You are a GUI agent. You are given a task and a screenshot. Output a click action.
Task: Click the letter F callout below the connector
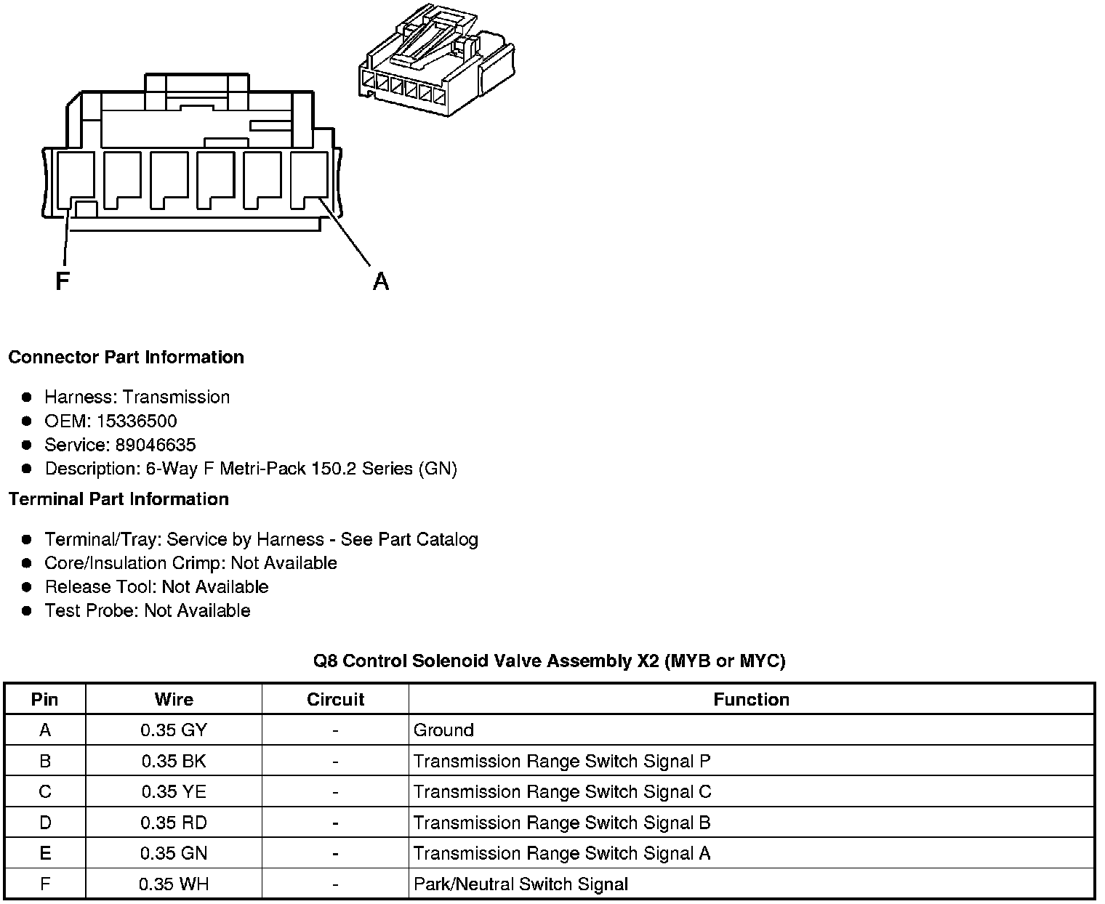coord(63,281)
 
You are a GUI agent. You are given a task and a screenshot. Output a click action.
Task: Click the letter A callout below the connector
coord(380,281)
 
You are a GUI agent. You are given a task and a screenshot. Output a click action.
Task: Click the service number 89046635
coord(156,445)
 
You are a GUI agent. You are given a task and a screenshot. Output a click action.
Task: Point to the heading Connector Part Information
coord(126,358)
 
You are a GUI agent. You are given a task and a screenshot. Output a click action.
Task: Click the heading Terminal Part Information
coord(118,499)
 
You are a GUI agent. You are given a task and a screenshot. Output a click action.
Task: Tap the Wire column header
coord(174,700)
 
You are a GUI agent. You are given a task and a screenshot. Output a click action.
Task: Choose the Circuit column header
coord(335,700)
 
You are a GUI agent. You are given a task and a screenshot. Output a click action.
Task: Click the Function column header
coord(751,700)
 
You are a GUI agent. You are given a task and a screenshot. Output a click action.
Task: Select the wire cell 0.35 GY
coord(174,730)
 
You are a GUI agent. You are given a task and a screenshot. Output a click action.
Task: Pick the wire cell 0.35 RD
coord(174,823)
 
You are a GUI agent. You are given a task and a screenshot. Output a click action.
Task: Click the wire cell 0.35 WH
coord(174,884)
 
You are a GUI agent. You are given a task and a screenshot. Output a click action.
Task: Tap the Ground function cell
coord(443,730)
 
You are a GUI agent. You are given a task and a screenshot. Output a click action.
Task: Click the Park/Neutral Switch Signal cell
coord(521,884)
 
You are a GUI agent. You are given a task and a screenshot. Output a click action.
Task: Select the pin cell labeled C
coord(45,792)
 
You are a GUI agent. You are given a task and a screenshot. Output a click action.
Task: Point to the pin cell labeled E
coord(45,853)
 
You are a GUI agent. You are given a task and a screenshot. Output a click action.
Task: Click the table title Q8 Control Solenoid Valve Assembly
coord(549,661)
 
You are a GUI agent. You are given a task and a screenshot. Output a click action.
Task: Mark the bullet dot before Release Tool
coord(27,587)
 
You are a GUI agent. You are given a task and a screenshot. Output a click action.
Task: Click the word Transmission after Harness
coord(176,397)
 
